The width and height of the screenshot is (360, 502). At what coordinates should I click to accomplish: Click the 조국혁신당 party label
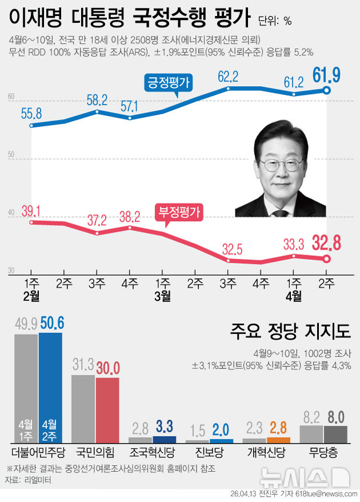click(x=151, y=453)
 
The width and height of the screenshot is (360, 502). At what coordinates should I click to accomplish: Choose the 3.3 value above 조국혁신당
click(x=164, y=427)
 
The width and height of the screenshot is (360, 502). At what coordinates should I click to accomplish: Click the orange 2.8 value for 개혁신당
click(x=278, y=427)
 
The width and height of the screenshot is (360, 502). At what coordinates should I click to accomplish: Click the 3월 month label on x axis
click(x=163, y=295)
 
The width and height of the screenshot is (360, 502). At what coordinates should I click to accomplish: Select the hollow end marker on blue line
click(x=327, y=90)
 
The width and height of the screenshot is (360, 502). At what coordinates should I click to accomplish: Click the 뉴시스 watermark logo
click(x=303, y=477)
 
